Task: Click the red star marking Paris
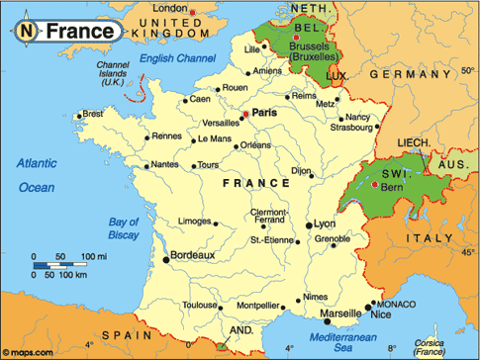click(x=245, y=115)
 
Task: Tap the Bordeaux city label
click(x=194, y=256)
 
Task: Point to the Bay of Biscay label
click(x=126, y=228)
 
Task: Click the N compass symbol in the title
click(x=28, y=32)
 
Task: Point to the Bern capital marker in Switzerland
click(x=372, y=185)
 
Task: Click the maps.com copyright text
click(x=30, y=351)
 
